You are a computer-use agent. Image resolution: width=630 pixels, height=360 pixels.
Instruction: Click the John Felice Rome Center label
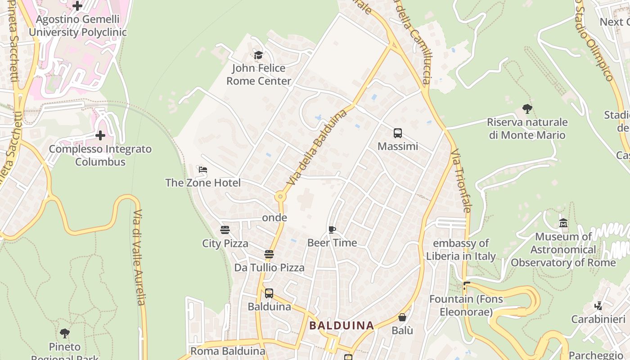click(259, 75)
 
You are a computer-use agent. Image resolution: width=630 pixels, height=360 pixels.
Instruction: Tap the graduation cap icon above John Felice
click(258, 55)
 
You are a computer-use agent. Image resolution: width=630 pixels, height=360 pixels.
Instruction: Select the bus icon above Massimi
click(398, 133)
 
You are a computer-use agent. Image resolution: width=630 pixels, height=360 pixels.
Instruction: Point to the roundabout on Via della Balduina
click(280, 197)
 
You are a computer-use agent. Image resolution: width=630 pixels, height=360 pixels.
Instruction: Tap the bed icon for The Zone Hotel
click(203, 170)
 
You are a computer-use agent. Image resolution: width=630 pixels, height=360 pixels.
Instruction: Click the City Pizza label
click(225, 243)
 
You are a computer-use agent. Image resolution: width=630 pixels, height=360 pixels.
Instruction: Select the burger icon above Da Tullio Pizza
click(269, 254)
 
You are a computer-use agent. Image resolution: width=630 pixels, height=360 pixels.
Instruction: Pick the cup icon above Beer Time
click(332, 230)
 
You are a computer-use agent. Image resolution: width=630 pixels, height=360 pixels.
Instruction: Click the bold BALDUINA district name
click(342, 325)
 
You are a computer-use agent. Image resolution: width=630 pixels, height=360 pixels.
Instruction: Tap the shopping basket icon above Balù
click(402, 317)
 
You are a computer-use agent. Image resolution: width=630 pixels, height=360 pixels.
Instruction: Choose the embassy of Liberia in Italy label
click(461, 250)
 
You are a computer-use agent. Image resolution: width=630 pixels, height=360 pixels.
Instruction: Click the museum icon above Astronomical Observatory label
click(563, 223)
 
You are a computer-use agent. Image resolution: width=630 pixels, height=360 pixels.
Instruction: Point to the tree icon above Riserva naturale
click(527, 108)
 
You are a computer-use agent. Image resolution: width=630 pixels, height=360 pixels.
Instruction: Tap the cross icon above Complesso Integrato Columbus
click(100, 135)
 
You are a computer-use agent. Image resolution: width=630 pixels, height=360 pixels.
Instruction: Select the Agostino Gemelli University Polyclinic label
click(78, 26)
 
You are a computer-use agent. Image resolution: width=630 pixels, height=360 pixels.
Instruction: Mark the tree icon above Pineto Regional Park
click(65, 333)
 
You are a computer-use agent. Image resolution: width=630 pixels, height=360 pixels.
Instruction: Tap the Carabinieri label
click(598, 319)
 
